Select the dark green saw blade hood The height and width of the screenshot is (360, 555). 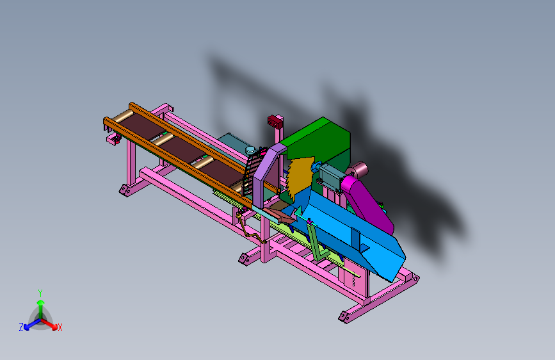click(x=319, y=142)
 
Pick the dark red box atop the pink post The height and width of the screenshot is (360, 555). click(x=275, y=122)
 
